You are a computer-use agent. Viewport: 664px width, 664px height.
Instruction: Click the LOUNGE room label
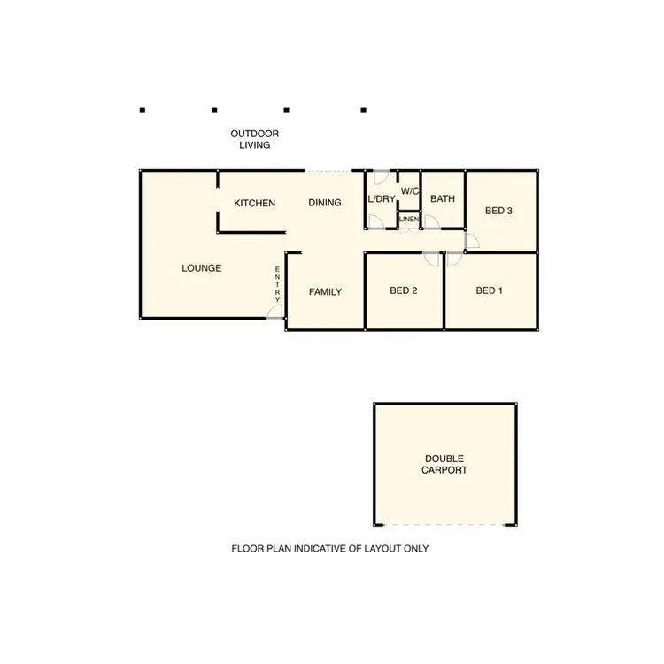point(202,268)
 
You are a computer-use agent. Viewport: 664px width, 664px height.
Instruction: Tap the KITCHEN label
point(254,204)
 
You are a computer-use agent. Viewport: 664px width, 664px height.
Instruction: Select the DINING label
point(325,204)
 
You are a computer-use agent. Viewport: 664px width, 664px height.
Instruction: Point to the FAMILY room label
point(325,292)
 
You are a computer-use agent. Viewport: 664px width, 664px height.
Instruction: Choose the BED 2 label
point(404,290)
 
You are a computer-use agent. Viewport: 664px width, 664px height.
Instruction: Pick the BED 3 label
point(498,211)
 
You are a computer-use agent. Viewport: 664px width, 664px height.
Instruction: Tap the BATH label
point(443,199)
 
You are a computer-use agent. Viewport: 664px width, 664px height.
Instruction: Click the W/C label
point(410,191)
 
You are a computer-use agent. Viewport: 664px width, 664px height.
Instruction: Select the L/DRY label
point(382,199)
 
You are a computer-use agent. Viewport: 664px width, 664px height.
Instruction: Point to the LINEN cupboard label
point(409,219)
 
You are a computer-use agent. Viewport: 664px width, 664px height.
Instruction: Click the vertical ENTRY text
point(278,284)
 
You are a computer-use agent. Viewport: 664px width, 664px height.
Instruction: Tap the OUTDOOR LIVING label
point(255,139)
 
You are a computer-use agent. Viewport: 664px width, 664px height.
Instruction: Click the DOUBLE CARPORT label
point(444,464)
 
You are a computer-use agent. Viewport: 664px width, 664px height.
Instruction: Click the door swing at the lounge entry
point(274,312)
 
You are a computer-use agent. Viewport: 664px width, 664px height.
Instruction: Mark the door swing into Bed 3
point(471,241)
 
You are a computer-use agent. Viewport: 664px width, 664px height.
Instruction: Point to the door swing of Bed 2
point(432,259)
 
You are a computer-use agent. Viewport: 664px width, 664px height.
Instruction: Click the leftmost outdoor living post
point(142,111)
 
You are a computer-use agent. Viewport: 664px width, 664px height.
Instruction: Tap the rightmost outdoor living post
point(363,111)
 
